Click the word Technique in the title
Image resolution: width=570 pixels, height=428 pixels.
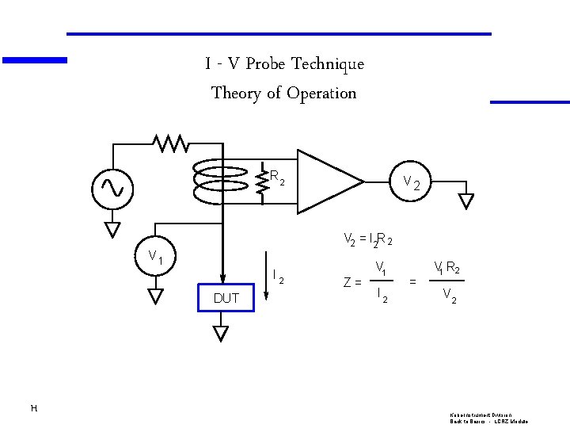328,64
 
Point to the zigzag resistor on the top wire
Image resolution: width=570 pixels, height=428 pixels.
170,143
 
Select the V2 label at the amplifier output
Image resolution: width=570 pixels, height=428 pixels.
416,183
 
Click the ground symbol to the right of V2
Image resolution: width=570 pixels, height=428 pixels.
466,200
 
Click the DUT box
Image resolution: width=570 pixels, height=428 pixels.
226,299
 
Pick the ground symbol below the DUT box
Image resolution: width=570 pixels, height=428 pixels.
221,333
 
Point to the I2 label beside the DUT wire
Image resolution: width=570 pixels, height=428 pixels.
277,277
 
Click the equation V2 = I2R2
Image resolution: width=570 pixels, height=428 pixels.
368,239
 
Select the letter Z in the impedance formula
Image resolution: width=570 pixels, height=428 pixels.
347,282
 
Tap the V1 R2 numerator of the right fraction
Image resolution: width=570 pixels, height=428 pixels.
447,268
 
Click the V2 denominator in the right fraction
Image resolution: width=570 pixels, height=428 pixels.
448,296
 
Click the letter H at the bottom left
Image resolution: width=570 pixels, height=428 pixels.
32,408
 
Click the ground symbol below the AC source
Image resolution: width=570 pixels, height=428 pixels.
112,229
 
